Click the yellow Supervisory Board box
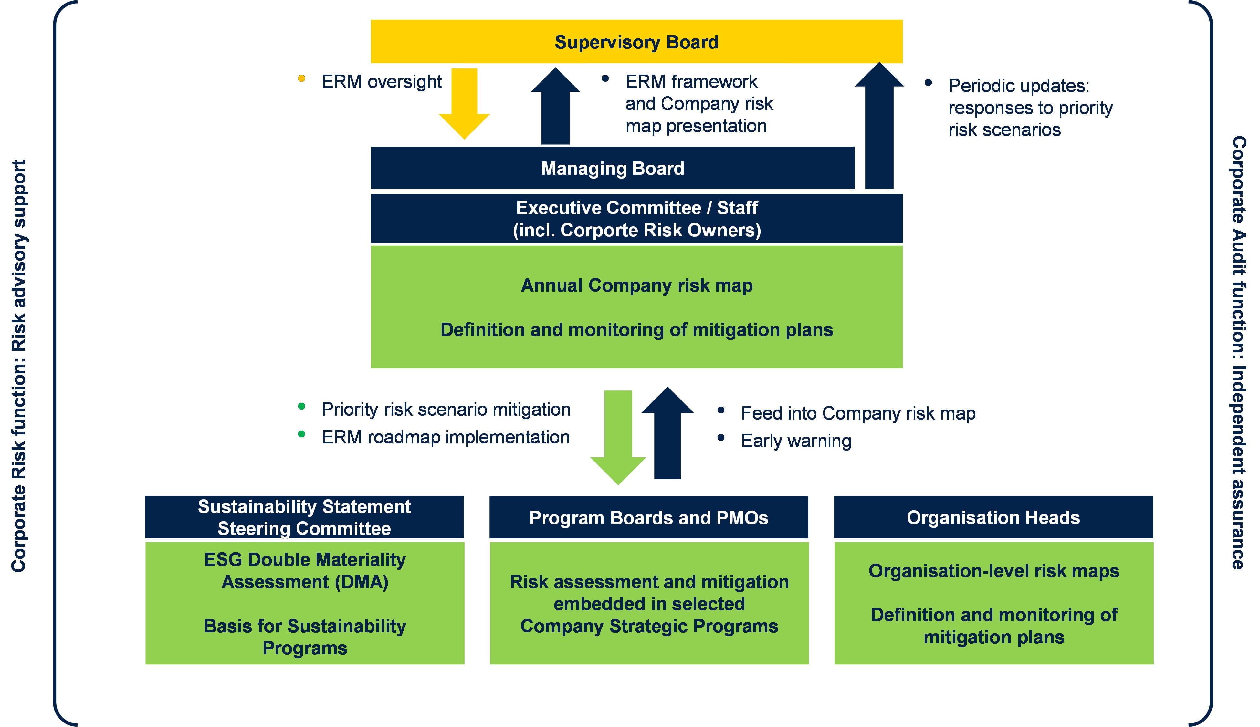pyautogui.click(x=636, y=42)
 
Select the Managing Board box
pyautogui.click(x=612, y=168)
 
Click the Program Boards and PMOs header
pyautogui.click(x=648, y=518)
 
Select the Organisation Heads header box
pyautogui.click(x=993, y=518)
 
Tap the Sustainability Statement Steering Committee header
pyautogui.click(x=304, y=517)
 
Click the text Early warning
pyautogui.click(x=796, y=441)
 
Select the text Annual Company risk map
pyautogui.click(x=636, y=286)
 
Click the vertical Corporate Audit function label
pyautogui.click(x=1239, y=352)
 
